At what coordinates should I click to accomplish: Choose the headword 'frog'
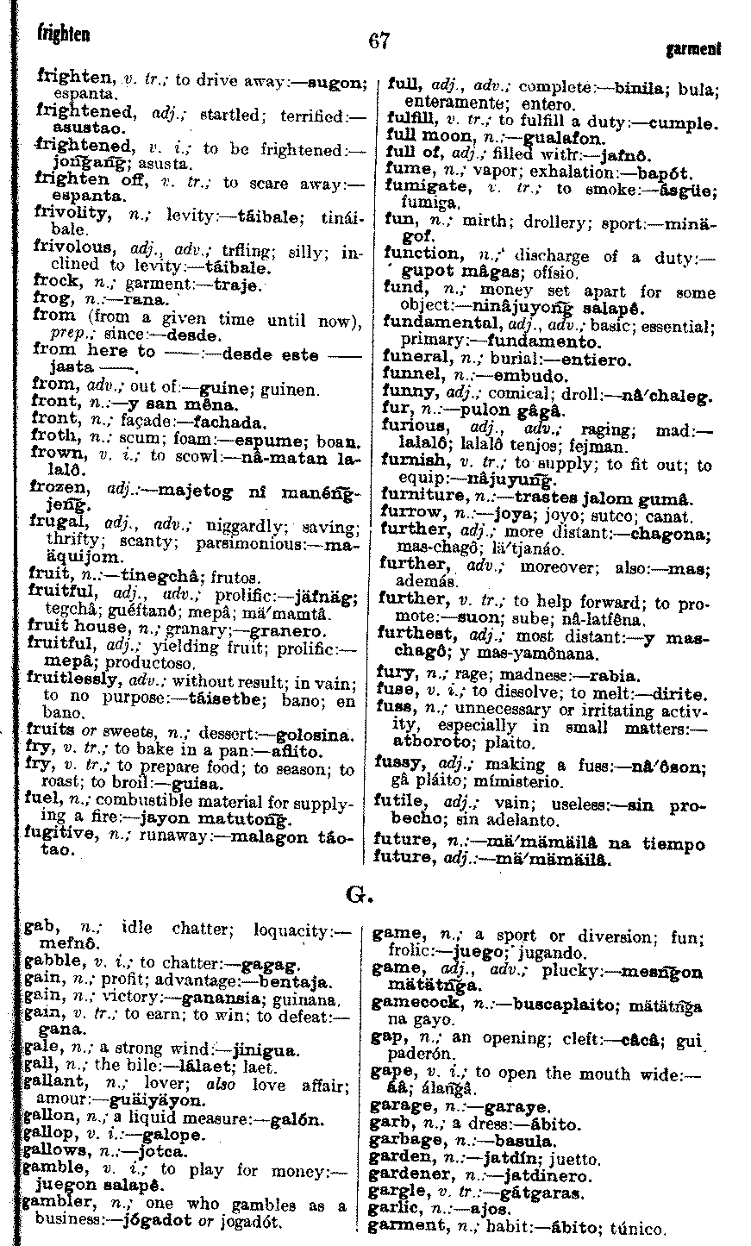pyautogui.click(x=50, y=299)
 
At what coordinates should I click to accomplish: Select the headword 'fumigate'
pyautogui.click(x=422, y=188)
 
